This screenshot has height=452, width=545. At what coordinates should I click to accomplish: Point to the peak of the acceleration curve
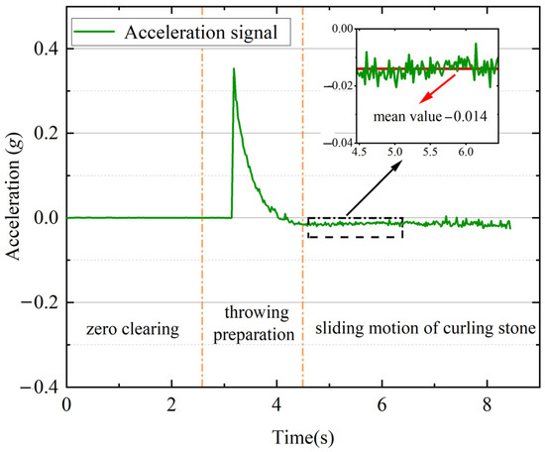click(234, 69)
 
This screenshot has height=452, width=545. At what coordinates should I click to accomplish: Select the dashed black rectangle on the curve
click(355, 227)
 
